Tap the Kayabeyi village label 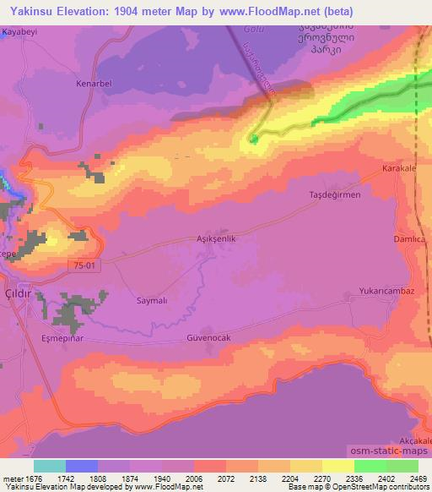coord(21,30)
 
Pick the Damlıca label coord(409,240)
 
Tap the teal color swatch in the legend coord(50,466)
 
